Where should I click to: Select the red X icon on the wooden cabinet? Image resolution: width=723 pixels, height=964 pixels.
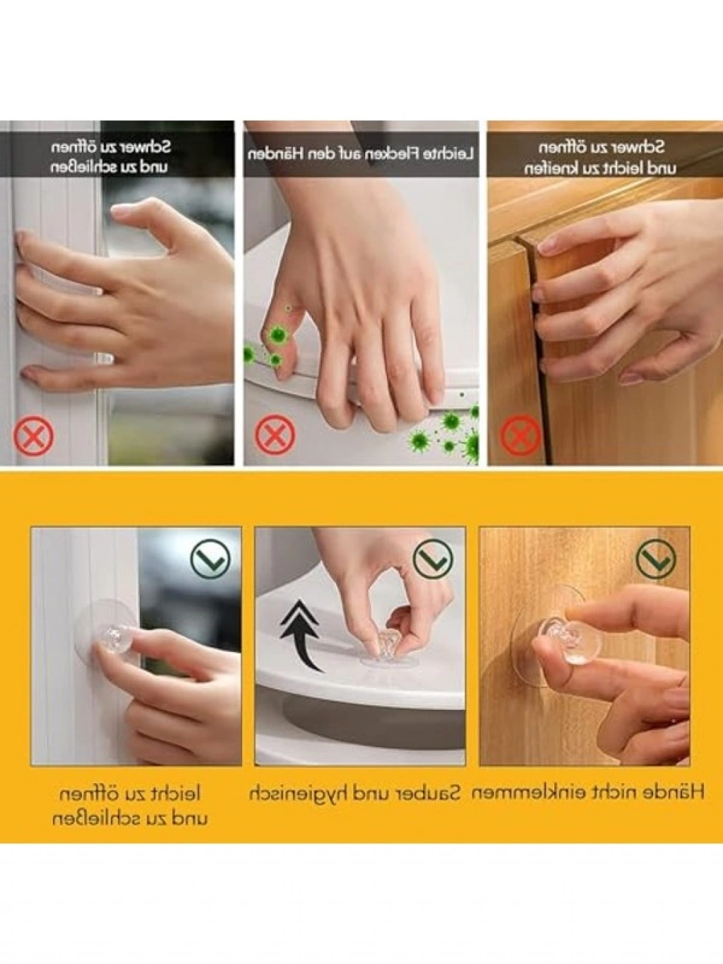[520, 436]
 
